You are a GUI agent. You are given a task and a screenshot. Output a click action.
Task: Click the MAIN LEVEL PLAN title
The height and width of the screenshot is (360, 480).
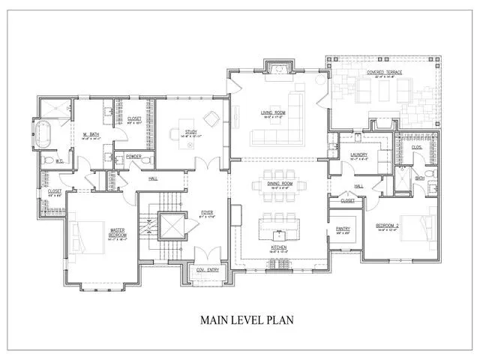(x=246, y=319)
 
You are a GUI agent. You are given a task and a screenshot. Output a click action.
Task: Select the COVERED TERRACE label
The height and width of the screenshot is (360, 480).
(x=383, y=73)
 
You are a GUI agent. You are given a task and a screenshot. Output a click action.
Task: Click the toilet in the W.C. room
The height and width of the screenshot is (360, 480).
(x=48, y=160)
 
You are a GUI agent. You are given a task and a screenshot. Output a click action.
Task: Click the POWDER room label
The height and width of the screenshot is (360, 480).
(x=134, y=157)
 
